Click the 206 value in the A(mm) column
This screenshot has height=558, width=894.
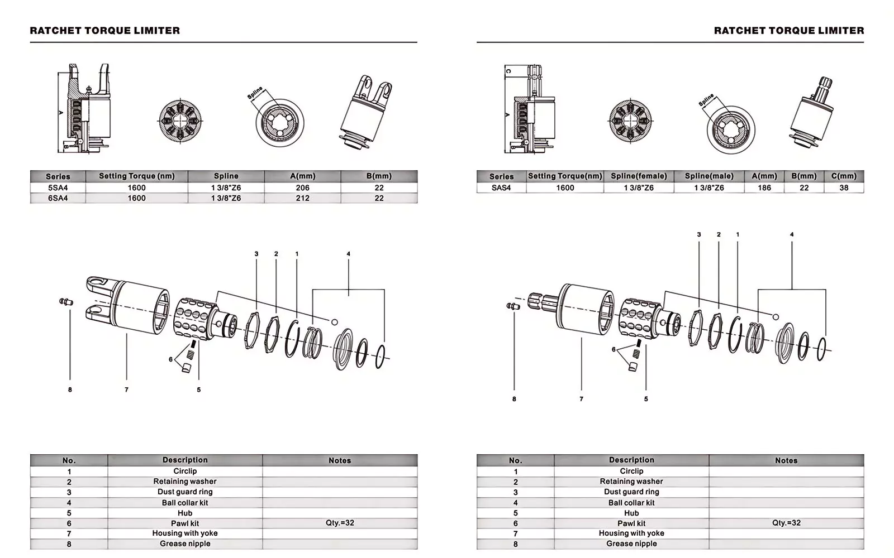pyautogui.click(x=302, y=188)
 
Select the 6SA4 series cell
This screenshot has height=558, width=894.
pyautogui.click(x=58, y=198)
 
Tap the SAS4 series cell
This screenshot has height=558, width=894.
pyautogui.click(x=501, y=188)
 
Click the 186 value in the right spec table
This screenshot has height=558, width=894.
pyautogui.click(x=764, y=188)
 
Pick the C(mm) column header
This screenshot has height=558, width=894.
pyautogui.click(x=844, y=176)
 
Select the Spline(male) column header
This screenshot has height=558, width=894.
pyautogui.click(x=709, y=176)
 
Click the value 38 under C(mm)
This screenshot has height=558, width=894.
pyautogui.click(x=844, y=188)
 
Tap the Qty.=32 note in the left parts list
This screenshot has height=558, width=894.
pyautogui.click(x=340, y=523)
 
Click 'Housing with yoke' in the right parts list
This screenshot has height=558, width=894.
pyautogui.click(x=631, y=533)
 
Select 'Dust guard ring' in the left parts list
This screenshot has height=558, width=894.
pyautogui.click(x=185, y=492)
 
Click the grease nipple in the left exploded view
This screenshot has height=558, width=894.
pyautogui.click(x=66, y=302)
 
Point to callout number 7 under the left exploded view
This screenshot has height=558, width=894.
pyautogui.click(x=127, y=389)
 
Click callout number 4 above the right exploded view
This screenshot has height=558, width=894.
pyautogui.click(x=792, y=234)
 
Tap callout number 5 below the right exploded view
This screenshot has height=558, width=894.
pyautogui.click(x=646, y=399)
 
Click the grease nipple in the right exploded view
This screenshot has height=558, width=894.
pyautogui.click(x=512, y=306)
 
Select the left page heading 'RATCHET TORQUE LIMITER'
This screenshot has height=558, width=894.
pyautogui.click(x=105, y=31)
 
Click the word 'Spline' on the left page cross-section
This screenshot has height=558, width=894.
pyautogui.click(x=255, y=93)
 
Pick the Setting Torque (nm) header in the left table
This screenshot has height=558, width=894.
pyautogui.click(x=137, y=176)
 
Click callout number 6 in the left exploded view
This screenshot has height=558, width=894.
pyautogui.click(x=170, y=359)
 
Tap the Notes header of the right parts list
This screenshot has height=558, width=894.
pyautogui.click(x=786, y=460)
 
